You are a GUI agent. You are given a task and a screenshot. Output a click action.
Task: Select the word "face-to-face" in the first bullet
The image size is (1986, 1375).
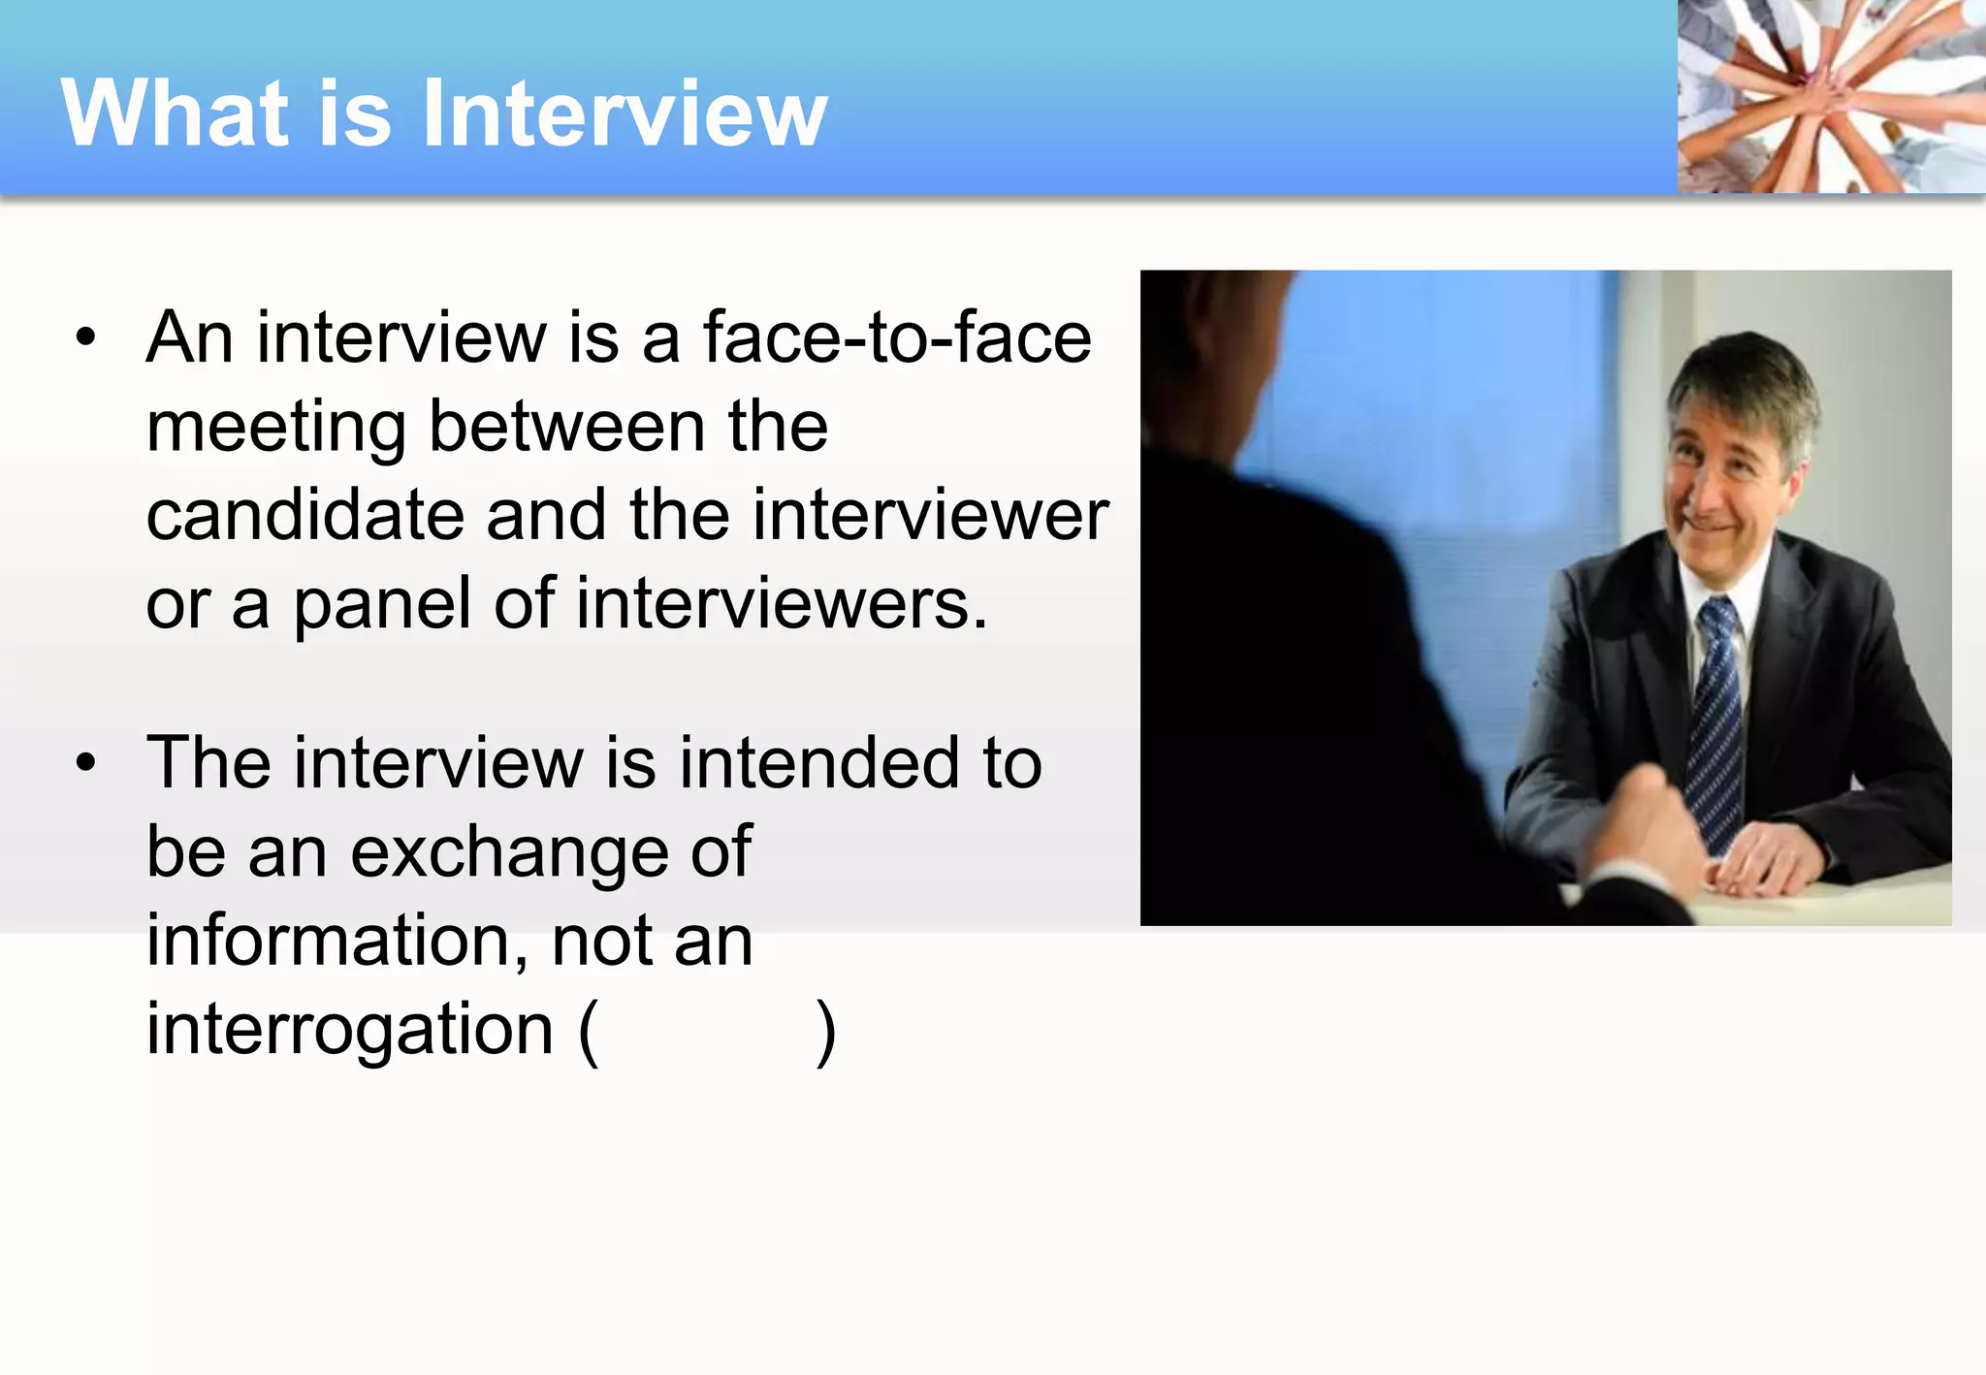click(x=897, y=337)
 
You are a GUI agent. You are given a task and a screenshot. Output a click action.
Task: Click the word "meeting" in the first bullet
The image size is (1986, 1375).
click(x=275, y=428)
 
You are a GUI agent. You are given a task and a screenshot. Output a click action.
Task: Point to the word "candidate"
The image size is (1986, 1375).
click(x=304, y=515)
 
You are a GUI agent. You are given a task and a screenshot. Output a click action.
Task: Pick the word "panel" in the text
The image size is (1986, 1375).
click(x=383, y=605)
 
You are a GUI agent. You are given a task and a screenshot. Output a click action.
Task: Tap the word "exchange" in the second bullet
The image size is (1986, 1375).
click(x=508, y=853)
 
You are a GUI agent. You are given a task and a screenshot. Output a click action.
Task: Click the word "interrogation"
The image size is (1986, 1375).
click(x=349, y=1030)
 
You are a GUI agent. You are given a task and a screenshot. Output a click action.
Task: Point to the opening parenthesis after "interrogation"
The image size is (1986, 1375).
click(x=588, y=1032)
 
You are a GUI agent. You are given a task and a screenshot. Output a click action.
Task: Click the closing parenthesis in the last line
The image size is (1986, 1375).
click(x=825, y=1032)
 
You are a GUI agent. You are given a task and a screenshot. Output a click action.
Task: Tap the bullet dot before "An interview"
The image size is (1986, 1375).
click(x=86, y=338)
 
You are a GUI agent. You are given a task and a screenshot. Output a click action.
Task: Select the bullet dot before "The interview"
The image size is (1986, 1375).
click(x=86, y=763)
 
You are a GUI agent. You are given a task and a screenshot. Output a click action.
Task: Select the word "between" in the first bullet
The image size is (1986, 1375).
click(x=566, y=427)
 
